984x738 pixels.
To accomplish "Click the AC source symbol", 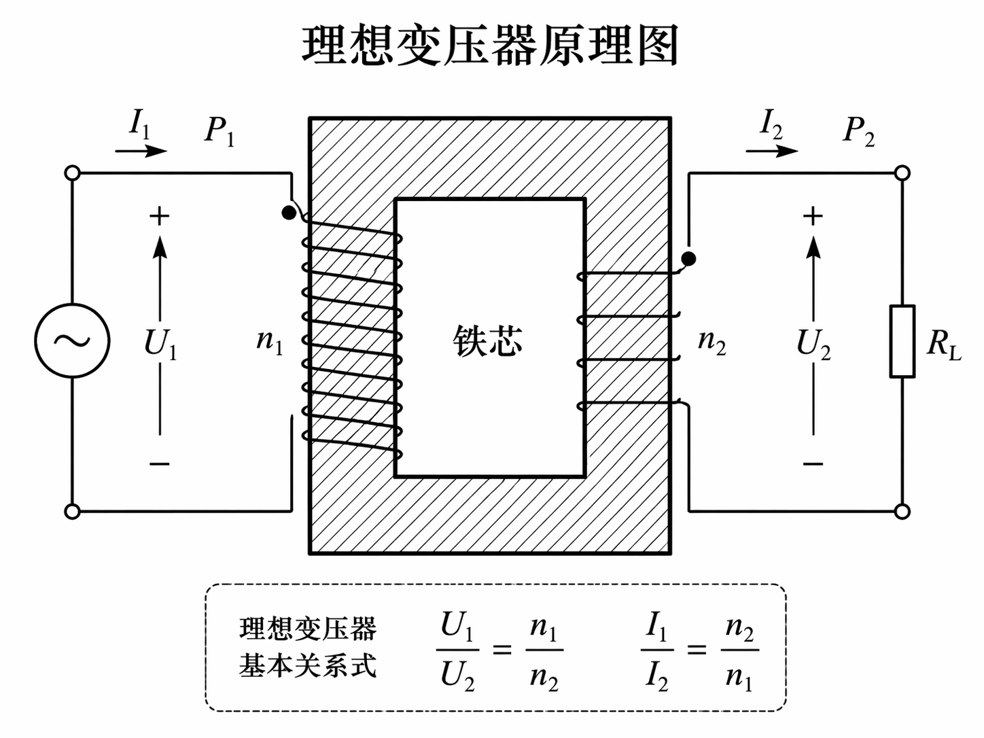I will [72, 340].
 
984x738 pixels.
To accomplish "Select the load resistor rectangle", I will [902, 341].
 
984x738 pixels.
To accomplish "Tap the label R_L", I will [944, 345].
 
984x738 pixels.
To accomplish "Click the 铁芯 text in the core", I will [488, 340].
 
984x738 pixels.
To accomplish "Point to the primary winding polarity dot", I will [289, 213].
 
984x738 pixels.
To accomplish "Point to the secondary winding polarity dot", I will [688, 258].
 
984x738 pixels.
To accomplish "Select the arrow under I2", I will [771, 150].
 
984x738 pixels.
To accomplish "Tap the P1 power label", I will [219, 130].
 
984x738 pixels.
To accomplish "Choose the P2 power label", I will [858, 130].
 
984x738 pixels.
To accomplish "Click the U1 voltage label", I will [160, 343].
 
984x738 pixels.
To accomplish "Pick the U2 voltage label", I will [813, 343].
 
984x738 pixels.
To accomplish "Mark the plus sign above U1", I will [159, 217].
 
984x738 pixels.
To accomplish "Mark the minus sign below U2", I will [813, 464].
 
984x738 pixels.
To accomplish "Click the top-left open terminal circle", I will [72, 173].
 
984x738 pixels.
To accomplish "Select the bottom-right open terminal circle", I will [902, 511].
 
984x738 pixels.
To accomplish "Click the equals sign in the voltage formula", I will [502, 650].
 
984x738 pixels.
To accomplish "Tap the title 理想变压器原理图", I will [491, 46].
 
